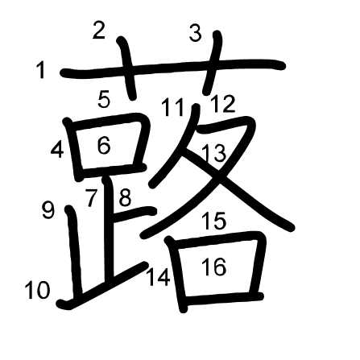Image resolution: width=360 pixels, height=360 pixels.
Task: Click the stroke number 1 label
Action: (x=41, y=70)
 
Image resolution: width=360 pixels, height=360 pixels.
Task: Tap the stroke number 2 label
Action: (x=98, y=31)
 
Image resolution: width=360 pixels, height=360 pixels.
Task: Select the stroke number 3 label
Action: (x=196, y=33)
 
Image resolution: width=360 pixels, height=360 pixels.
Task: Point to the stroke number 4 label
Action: (x=57, y=149)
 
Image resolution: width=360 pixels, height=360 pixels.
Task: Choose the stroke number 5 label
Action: (x=104, y=99)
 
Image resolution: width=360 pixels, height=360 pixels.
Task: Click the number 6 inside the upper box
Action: (x=104, y=145)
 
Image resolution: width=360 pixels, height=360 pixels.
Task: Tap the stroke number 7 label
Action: (x=91, y=197)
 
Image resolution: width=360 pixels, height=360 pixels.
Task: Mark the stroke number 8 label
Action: (x=125, y=197)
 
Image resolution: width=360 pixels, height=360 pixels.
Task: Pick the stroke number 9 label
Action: (x=48, y=210)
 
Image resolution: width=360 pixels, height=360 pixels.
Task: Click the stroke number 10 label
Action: (x=37, y=290)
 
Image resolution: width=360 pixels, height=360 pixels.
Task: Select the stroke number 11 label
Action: (x=172, y=107)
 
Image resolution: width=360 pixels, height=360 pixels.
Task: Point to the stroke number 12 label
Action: (x=222, y=104)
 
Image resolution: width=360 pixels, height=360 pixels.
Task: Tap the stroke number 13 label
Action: (x=213, y=153)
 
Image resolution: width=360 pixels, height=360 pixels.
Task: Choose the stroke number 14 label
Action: (x=158, y=277)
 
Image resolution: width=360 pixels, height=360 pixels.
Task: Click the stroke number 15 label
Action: (x=214, y=221)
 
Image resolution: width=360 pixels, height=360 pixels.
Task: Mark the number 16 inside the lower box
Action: (x=214, y=267)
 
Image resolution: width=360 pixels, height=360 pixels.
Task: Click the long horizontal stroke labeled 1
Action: (x=172, y=68)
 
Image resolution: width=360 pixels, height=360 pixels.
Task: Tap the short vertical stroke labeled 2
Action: (x=126, y=68)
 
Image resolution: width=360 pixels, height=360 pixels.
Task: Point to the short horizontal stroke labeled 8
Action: (x=134, y=212)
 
